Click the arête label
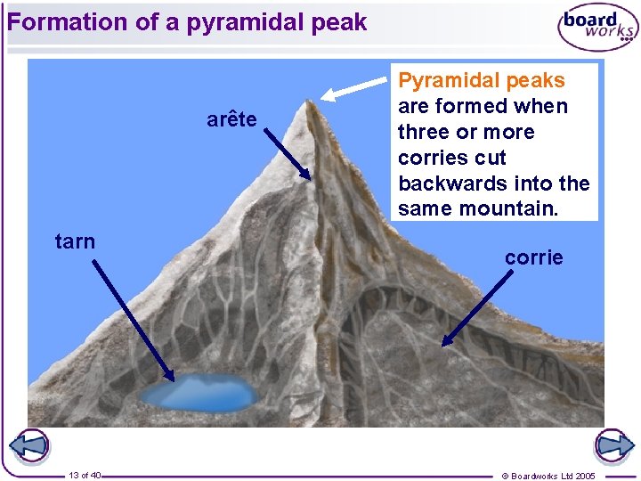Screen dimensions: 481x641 tap(231, 119)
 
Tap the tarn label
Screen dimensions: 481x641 tap(75, 241)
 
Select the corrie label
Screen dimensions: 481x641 tap(534, 257)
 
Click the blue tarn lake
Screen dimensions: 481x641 tap(200, 392)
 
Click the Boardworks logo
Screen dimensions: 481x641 tap(597, 27)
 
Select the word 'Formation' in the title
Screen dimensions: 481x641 tap(68, 22)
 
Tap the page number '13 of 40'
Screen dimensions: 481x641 tap(85, 475)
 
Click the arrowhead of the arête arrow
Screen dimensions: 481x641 tap(308, 176)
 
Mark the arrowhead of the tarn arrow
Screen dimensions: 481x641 tap(170, 378)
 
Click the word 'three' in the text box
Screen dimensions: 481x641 tap(422, 132)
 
